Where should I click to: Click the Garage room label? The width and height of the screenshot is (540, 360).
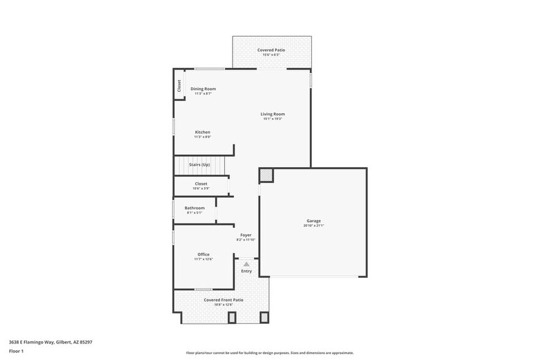313,220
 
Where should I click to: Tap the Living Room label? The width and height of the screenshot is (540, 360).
272,114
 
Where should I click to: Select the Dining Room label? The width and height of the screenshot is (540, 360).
203,89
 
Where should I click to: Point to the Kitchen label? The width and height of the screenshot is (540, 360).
203,132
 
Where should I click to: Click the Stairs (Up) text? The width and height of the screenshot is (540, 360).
199,165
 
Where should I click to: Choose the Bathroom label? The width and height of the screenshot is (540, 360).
195,208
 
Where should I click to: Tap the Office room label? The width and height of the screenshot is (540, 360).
203,254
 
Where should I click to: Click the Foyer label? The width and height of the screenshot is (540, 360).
246,235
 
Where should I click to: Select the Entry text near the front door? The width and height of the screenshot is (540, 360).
246,271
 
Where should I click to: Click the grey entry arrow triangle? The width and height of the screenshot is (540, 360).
246,264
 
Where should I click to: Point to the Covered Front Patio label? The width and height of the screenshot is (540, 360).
223,300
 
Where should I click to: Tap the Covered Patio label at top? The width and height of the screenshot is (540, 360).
271,50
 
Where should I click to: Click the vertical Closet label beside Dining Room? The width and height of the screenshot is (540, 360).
179,86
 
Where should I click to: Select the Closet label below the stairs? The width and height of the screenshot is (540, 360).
201,184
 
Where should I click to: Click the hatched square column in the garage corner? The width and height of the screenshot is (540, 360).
265,176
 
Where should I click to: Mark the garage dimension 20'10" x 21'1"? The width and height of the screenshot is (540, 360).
313,225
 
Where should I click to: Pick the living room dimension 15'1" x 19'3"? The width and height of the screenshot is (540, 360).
272,119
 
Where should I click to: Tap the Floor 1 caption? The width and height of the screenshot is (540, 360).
16,351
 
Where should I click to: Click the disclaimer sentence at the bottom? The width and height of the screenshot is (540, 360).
269,353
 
